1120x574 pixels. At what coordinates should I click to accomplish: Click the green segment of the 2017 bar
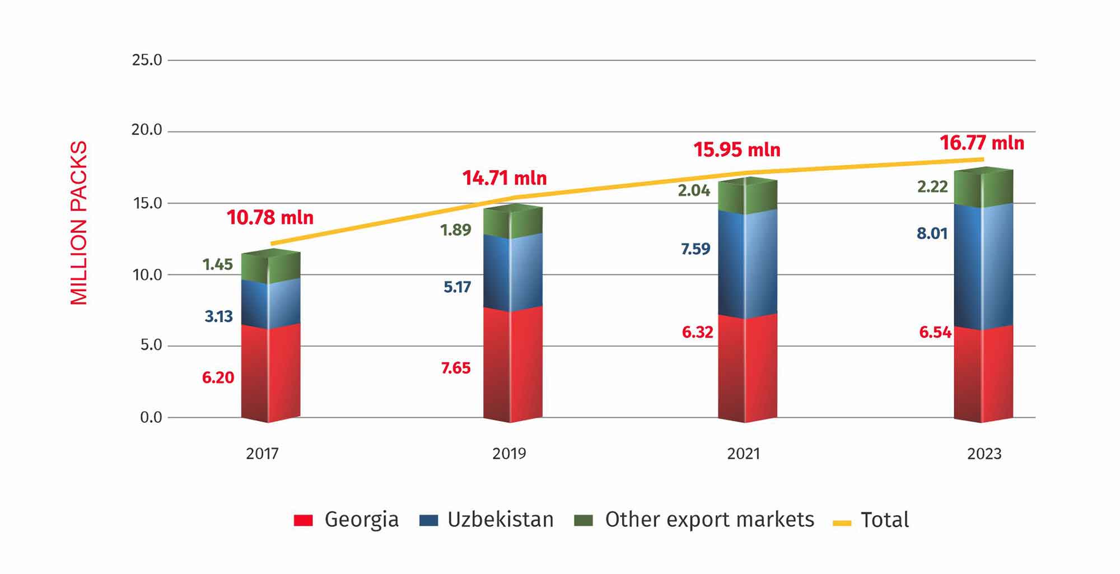coord(270,268)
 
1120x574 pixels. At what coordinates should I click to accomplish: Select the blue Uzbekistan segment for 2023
coord(983,266)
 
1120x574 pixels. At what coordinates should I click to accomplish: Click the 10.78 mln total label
coord(270,217)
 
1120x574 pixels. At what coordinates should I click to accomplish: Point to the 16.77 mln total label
coord(982,143)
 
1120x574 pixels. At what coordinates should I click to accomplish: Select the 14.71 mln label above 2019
coord(504,178)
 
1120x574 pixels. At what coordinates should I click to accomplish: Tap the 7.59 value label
coord(695,249)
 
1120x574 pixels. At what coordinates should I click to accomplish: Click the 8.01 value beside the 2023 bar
coord(932,233)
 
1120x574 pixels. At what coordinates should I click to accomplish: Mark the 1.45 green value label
coord(217,264)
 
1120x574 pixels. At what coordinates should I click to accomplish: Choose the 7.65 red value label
coord(455,368)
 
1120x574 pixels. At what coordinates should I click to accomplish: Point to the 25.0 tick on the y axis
coord(147,60)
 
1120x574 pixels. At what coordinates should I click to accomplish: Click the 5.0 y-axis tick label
coord(151,345)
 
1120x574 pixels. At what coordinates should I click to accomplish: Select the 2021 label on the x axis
coord(743,454)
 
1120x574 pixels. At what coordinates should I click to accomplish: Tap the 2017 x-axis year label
coord(262,454)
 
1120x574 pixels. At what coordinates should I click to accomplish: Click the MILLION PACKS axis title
coord(79,223)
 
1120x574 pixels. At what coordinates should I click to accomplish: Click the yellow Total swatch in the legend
coord(842,523)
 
